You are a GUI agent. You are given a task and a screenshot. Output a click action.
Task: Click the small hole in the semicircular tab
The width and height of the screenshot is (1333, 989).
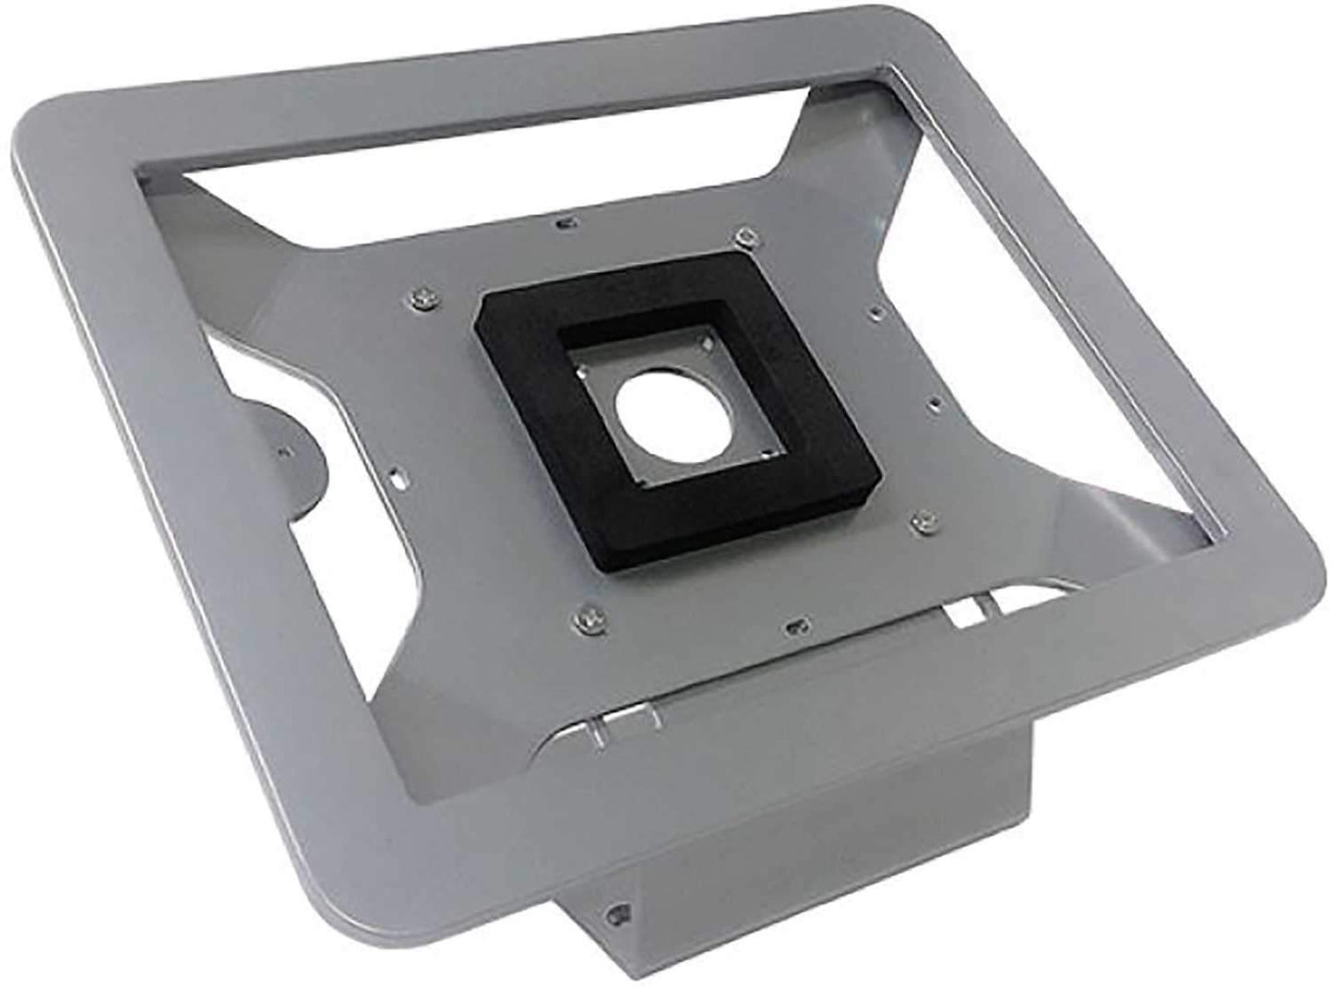point(283,450)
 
